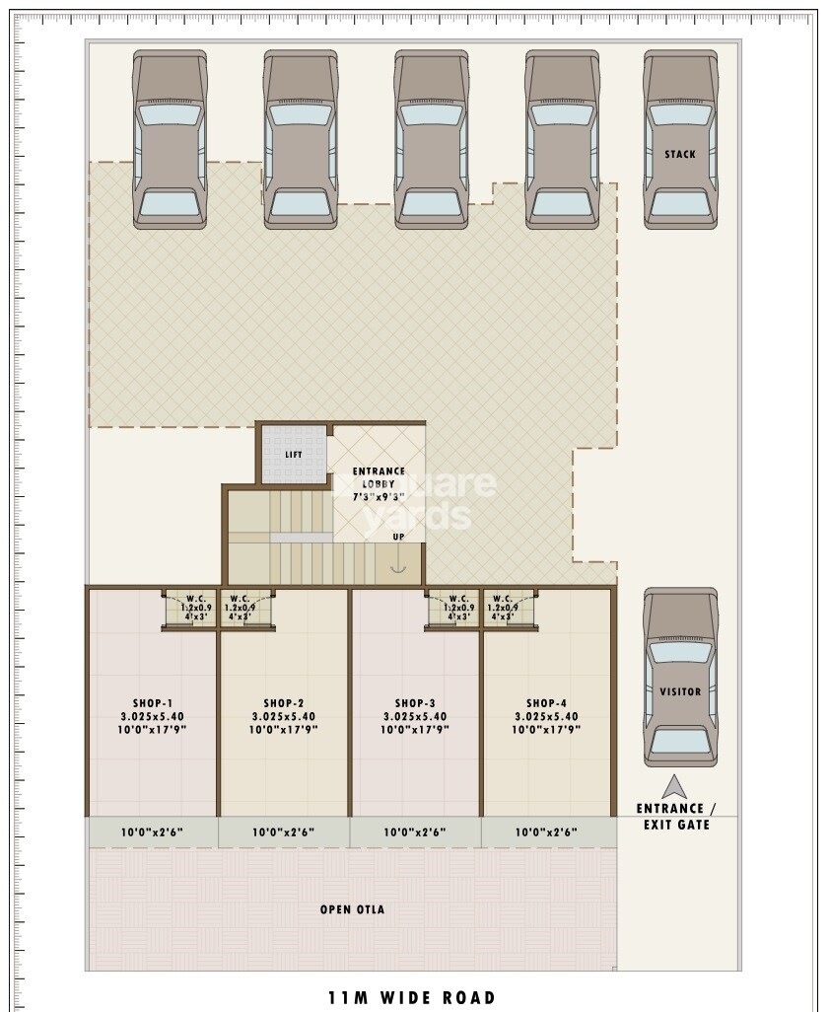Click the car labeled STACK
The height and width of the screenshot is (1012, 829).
click(x=680, y=140)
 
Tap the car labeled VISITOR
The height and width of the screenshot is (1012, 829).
click(x=680, y=678)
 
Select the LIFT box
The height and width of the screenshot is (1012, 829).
click(x=293, y=454)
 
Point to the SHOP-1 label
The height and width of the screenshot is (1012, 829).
click(x=153, y=716)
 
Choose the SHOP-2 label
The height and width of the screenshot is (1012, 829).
click(x=284, y=716)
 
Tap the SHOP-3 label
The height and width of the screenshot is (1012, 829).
click(x=415, y=716)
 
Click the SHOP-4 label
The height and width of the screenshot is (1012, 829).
click(x=546, y=716)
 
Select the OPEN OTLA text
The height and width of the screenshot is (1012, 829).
click(x=352, y=909)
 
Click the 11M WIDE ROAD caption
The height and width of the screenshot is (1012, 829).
click(x=412, y=998)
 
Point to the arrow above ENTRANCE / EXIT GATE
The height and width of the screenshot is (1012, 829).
click(x=674, y=786)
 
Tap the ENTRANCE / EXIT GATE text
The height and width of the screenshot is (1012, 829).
click(x=676, y=817)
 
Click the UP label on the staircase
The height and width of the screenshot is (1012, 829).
click(x=398, y=537)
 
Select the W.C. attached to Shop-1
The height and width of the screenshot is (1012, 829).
click(x=194, y=608)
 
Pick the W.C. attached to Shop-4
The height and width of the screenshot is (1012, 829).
click(x=503, y=608)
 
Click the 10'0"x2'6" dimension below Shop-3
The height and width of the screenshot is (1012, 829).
click(x=415, y=832)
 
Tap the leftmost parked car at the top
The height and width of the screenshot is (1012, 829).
click(x=170, y=140)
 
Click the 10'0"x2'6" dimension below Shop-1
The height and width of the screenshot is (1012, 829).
click(x=153, y=832)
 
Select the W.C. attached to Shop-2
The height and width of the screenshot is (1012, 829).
click(x=240, y=608)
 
